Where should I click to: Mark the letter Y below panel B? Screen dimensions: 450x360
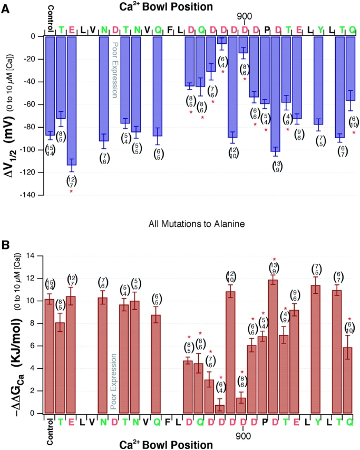[x=319, y=422]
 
